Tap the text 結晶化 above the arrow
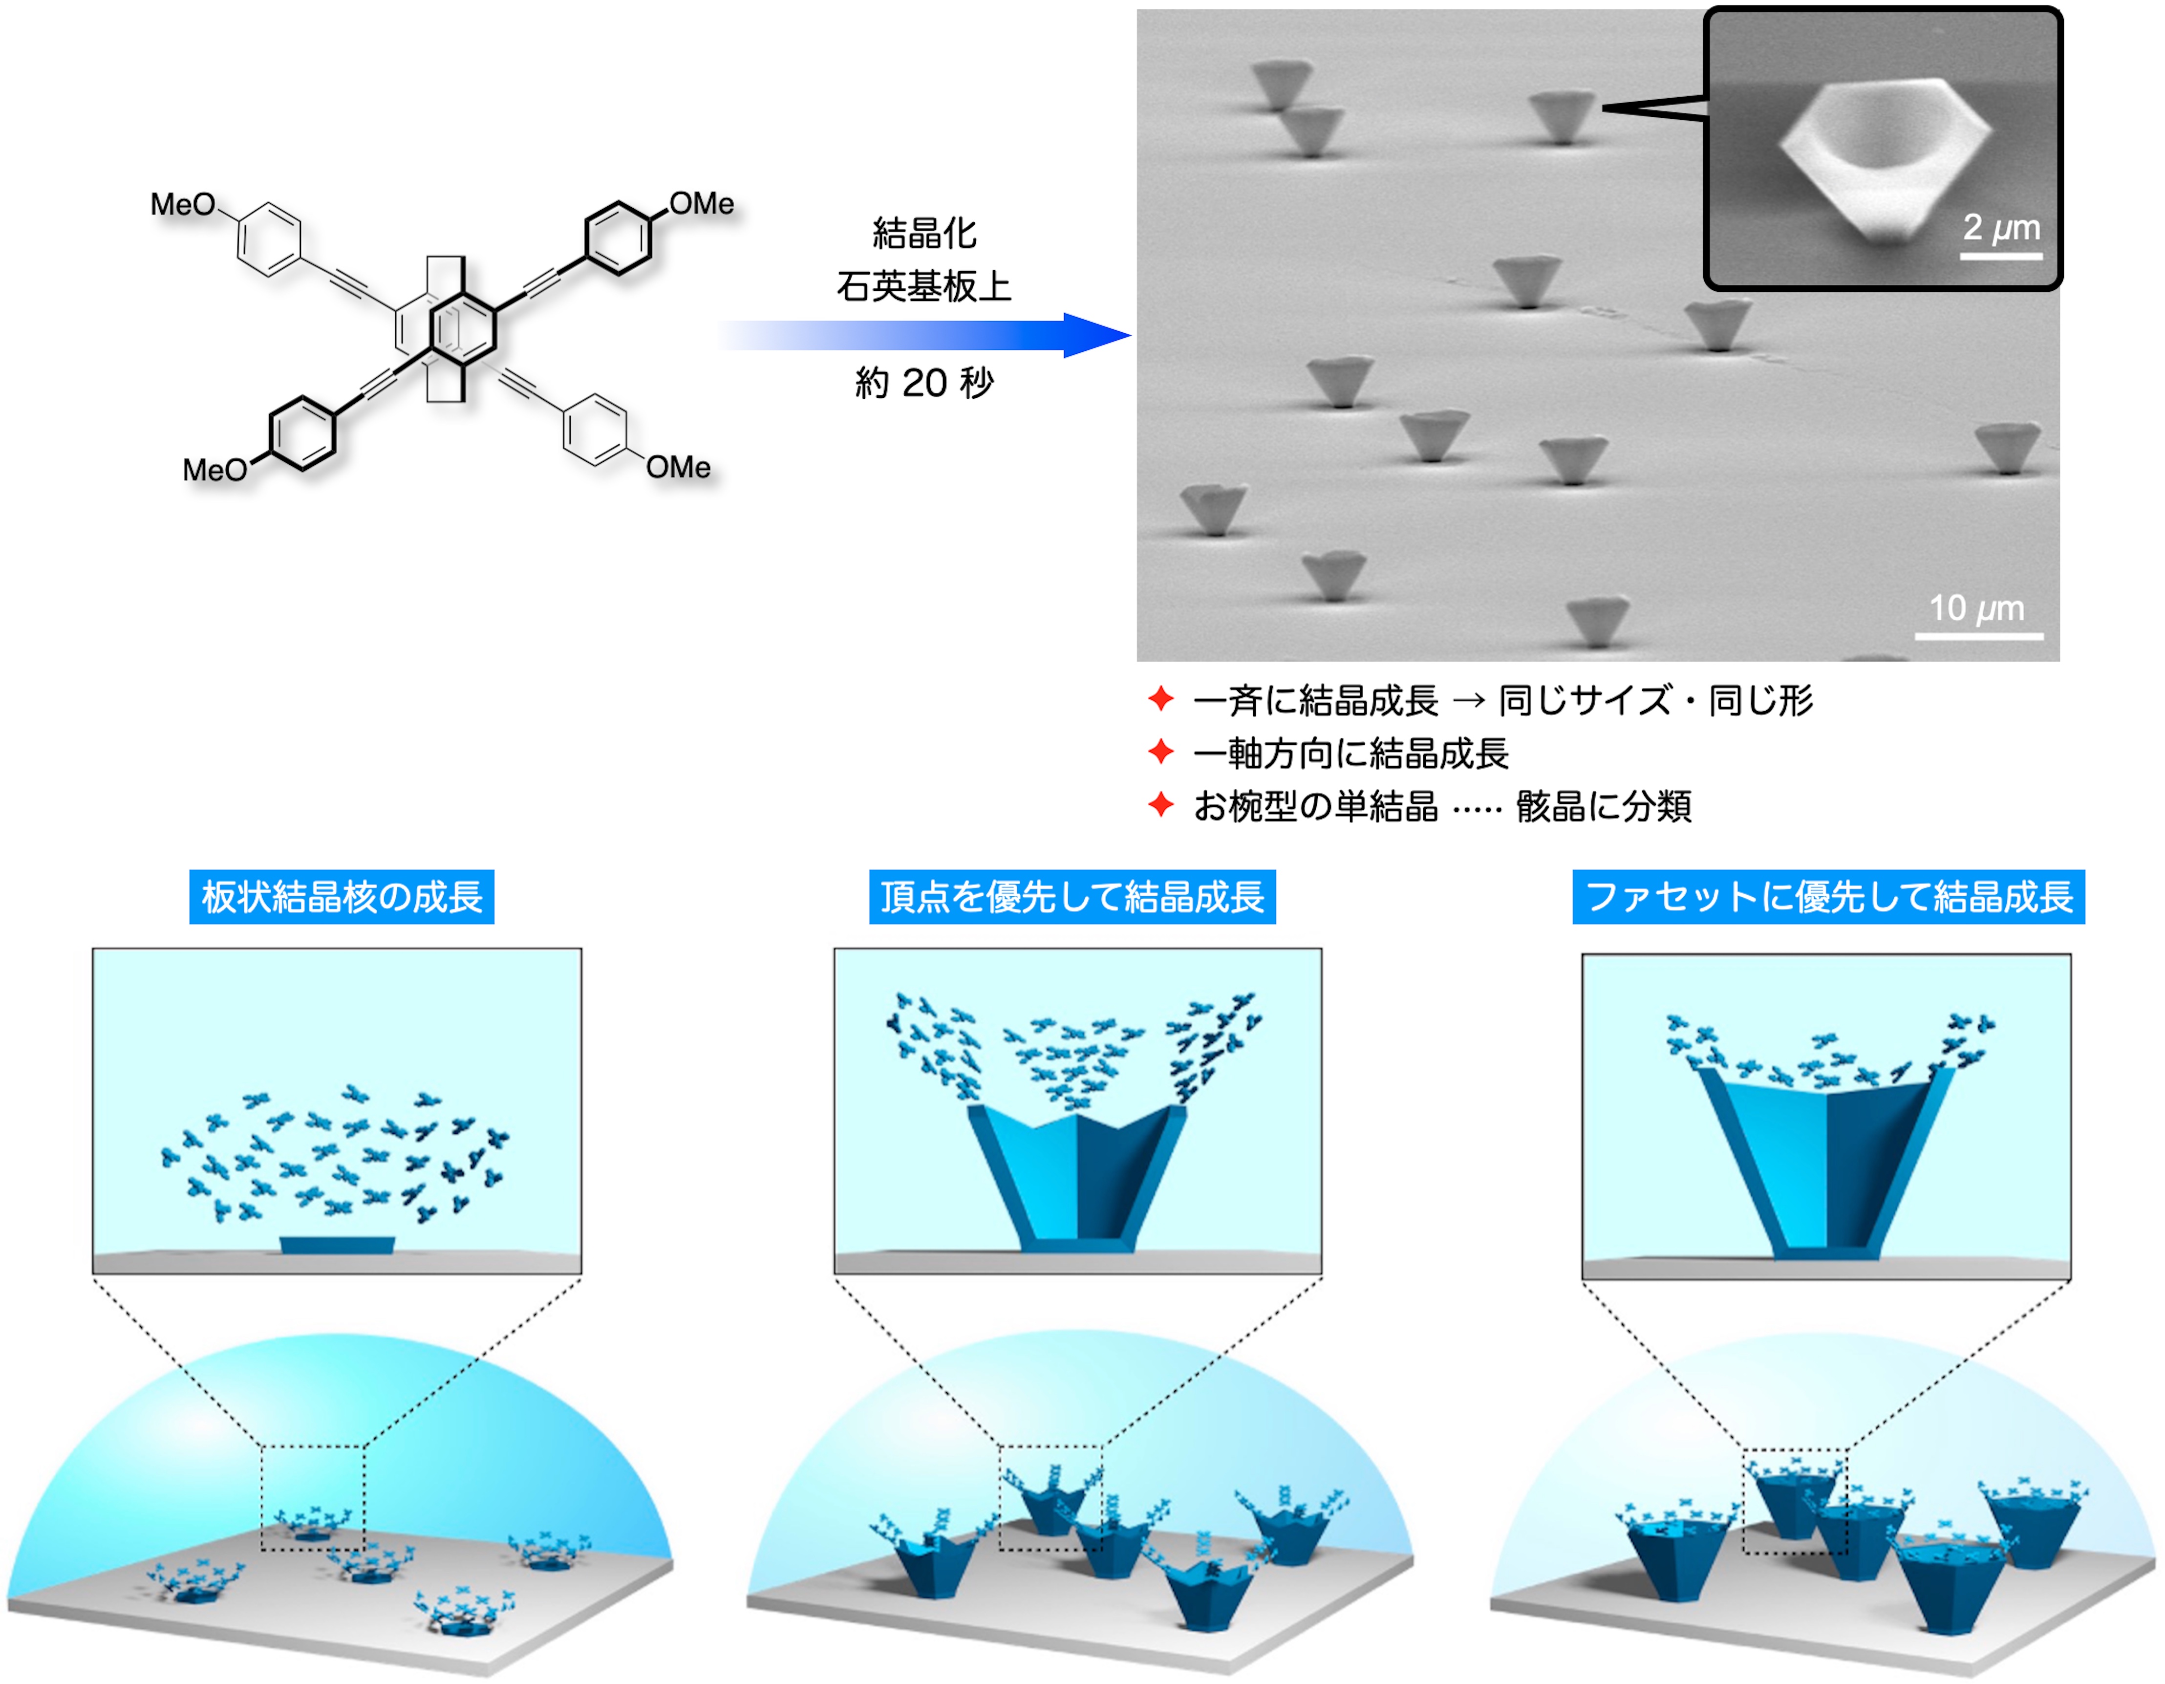point(924,234)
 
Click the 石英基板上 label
point(924,287)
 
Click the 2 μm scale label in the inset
point(2000,228)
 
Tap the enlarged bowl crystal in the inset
point(1884,153)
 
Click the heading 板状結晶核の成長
point(342,897)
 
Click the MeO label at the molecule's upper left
point(182,205)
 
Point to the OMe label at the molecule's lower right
point(679,467)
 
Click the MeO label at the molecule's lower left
point(214,470)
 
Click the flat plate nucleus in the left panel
point(337,1245)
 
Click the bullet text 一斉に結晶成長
point(1315,701)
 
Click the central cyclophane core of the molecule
point(446,327)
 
